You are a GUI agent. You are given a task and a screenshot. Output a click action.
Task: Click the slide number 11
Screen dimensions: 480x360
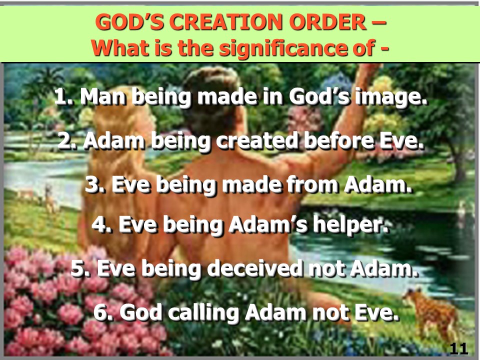coord(458,348)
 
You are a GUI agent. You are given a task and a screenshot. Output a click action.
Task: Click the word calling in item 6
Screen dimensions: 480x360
coord(203,313)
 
